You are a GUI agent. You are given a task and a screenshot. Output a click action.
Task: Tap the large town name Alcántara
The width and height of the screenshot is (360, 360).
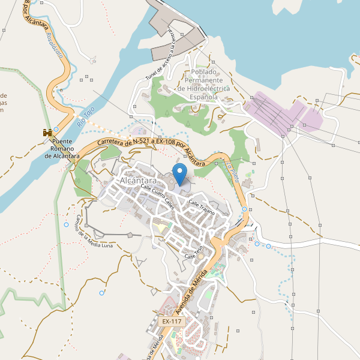pos(138,181)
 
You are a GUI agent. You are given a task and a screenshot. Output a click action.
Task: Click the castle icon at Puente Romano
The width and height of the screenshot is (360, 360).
pos(46,132)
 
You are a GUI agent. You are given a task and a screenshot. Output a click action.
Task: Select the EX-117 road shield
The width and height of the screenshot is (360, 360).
pos(172,322)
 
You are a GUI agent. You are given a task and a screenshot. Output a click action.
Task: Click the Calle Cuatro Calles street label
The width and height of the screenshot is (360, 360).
pos(157,196)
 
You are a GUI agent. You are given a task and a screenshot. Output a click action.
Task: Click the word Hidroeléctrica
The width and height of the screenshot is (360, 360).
pos(204,88)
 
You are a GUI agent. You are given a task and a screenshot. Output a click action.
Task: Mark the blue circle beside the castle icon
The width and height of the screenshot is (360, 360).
pos(56,129)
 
